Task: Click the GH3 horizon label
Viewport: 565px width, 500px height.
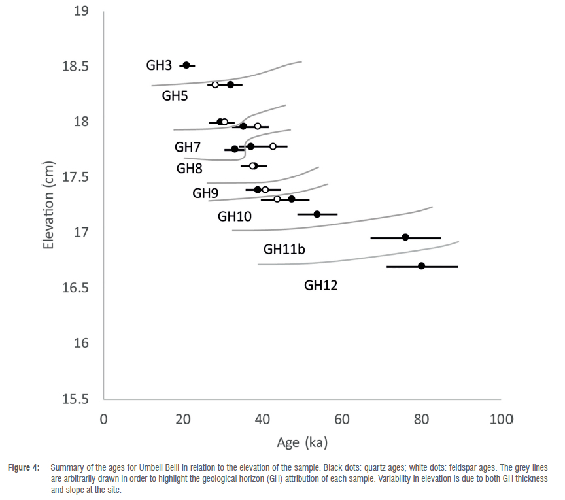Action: point(159,65)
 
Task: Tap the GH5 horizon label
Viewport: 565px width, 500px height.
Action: point(175,96)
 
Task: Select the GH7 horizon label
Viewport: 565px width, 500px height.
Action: point(188,146)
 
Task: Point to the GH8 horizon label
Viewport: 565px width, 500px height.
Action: point(190,169)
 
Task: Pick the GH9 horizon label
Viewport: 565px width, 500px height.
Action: point(205,193)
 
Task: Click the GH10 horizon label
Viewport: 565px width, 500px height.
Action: point(235,216)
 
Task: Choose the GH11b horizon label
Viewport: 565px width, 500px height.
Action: point(285,249)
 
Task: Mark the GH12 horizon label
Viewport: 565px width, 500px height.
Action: point(321,286)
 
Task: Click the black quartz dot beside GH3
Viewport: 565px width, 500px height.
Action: point(186,65)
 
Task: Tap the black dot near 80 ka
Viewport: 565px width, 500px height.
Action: point(422,266)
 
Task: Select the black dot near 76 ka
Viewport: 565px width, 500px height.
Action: point(405,237)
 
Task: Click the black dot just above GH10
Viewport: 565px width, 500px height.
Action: point(317,214)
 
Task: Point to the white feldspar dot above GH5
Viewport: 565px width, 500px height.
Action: point(215,85)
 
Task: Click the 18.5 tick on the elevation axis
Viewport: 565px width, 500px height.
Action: point(78,67)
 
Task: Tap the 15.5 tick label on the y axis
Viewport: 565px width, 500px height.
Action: point(78,399)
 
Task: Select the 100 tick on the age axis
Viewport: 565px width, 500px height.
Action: point(501,419)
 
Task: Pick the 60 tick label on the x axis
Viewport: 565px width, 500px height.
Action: point(342,419)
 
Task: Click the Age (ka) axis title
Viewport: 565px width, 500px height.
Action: point(302,442)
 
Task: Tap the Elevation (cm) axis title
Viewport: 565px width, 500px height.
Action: point(48,205)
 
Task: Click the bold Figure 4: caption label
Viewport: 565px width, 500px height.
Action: point(26,468)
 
